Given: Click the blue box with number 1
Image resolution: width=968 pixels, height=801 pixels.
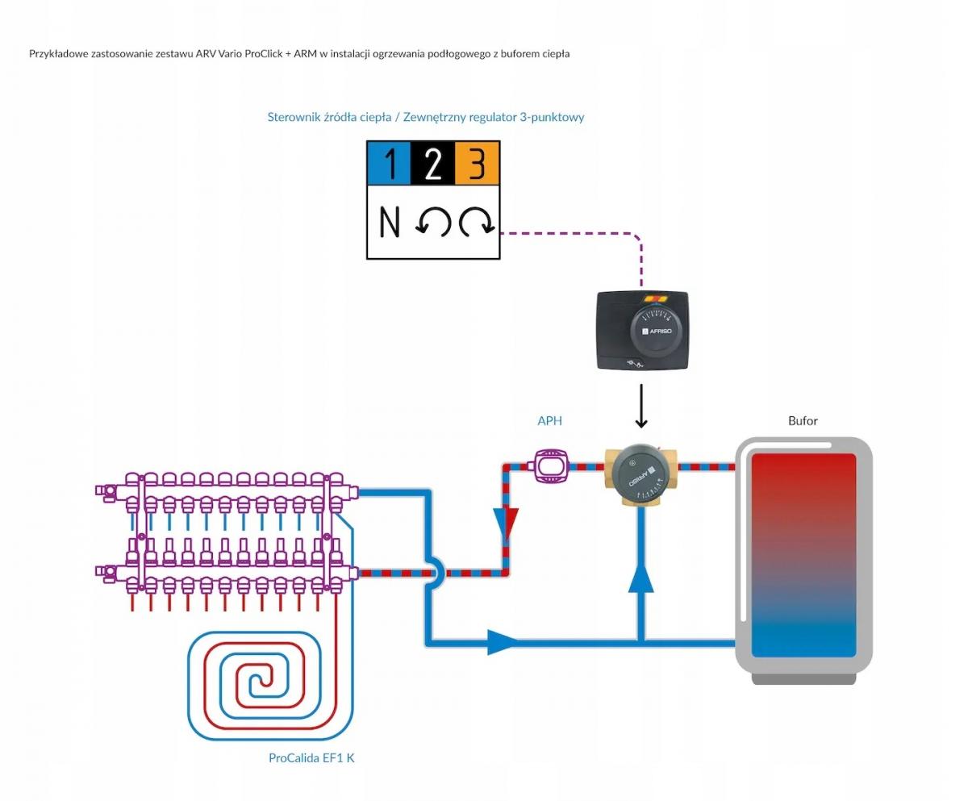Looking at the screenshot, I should click(x=389, y=163).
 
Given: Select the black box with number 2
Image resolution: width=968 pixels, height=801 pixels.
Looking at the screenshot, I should click(x=433, y=163).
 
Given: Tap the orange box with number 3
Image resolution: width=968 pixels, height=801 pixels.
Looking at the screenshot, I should click(x=478, y=163).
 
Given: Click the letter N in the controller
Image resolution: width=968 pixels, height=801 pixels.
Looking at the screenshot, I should click(x=390, y=221).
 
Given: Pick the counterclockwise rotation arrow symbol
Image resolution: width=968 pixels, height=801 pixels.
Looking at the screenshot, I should click(x=433, y=221).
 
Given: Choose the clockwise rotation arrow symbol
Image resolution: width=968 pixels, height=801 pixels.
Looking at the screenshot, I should click(x=477, y=221).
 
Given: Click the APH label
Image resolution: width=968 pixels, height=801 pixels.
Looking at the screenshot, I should click(x=549, y=420).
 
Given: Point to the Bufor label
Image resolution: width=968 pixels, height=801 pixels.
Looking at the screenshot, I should click(x=803, y=420).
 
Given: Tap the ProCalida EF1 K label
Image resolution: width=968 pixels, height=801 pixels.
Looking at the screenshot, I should click(x=311, y=757).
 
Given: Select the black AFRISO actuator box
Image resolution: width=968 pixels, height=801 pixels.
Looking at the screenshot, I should click(x=642, y=331).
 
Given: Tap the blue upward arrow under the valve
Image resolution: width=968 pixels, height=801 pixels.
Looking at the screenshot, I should click(x=640, y=577).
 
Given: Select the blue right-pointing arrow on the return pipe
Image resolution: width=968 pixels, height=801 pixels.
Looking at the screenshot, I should click(x=504, y=643).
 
